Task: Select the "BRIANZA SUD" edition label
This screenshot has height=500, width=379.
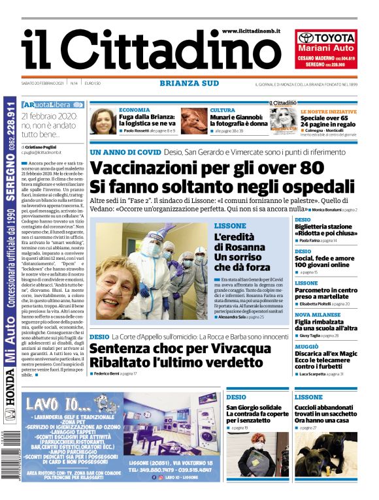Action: pos(189,83)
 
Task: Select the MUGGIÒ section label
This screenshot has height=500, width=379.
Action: pos(306,347)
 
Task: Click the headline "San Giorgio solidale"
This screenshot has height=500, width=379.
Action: pos(249,408)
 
